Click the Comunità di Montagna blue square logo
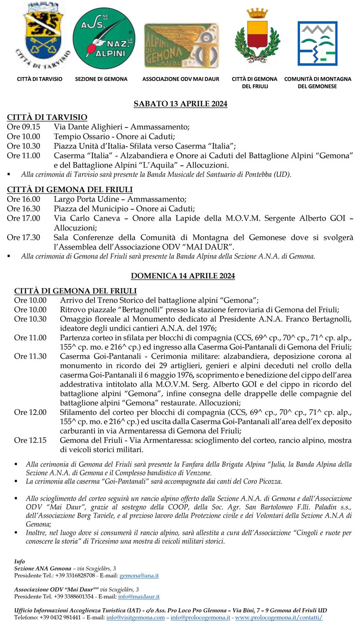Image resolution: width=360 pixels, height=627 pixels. pyautogui.click(x=317, y=47)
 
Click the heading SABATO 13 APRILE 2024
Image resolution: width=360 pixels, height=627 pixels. pyautogui.click(x=180, y=104)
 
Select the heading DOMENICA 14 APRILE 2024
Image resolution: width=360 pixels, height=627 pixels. pyautogui.click(x=180, y=276)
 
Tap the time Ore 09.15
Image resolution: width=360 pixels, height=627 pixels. pyautogui.click(x=24, y=127)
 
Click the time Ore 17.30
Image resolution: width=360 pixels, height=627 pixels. pyautogui.click(x=24, y=237)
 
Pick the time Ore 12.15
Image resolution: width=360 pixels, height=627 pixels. pyautogui.click(x=30, y=440)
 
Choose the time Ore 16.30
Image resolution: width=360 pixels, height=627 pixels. pyautogui.click(x=24, y=209)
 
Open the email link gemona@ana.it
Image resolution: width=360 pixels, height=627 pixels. pyautogui.click(x=139, y=575)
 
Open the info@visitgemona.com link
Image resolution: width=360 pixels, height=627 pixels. pyautogui.click(x=135, y=617)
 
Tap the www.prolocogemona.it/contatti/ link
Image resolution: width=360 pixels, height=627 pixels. pyautogui.click(x=279, y=617)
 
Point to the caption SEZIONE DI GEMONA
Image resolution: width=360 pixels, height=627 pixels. pyautogui.click(x=101, y=79)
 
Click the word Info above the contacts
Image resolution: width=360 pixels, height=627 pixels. pyautogui.click(x=19, y=561)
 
